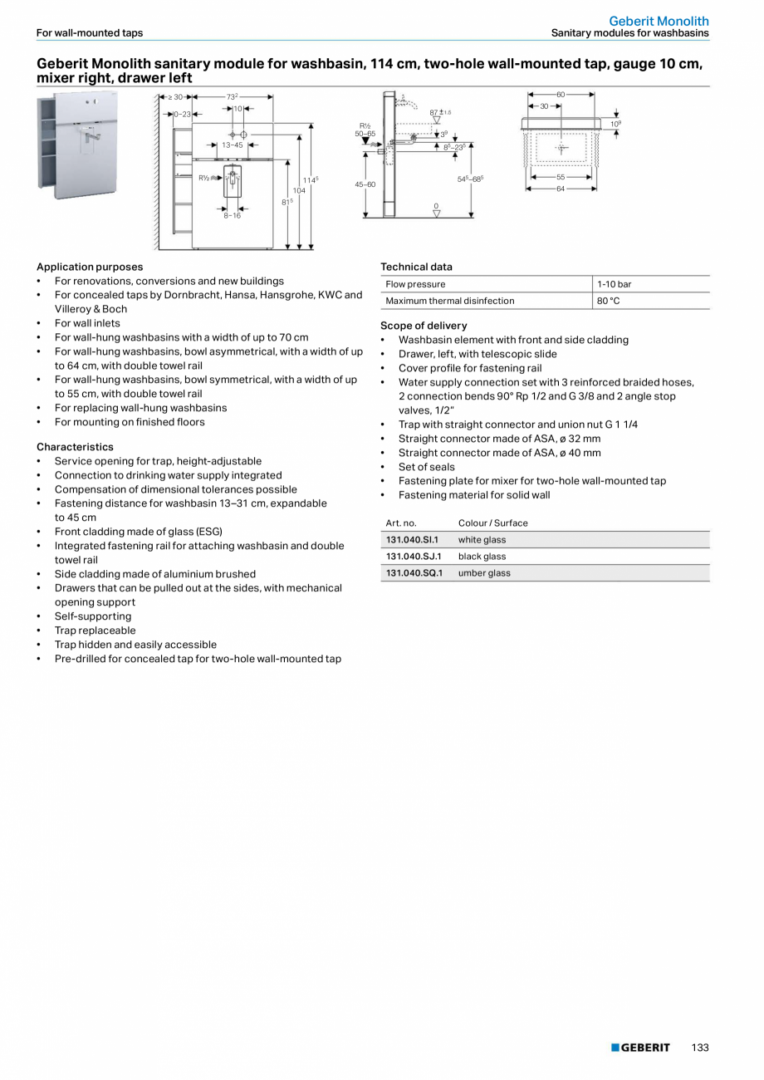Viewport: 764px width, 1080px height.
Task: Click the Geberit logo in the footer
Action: coord(640,1048)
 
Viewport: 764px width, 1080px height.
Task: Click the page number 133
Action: coord(699,1048)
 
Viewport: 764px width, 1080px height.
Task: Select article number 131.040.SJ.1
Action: coord(414,557)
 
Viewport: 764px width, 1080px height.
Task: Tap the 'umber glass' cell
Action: coord(484,573)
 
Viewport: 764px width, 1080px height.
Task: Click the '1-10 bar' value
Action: coord(614,284)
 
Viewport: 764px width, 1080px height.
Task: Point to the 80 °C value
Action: coord(608,301)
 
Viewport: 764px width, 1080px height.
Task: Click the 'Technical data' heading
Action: coord(416,267)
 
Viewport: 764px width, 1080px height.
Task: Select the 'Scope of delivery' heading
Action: coord(424,326)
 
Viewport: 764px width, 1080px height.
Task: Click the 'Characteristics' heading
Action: coord(74,447)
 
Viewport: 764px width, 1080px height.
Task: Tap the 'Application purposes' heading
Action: coord(90,267)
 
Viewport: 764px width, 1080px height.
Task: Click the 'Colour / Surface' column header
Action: coord(492,523)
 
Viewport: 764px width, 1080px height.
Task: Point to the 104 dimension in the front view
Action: coord(299,191)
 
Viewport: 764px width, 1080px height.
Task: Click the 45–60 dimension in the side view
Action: coord(365,184)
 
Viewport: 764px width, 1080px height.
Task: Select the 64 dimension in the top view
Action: coord(561,189)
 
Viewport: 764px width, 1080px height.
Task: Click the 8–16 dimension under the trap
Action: coord(232,215)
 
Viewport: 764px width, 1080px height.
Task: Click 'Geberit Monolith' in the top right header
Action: coord(659,21)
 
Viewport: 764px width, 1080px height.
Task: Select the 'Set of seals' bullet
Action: coord(426,467)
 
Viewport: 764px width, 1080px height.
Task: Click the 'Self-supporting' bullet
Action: coord(93,616)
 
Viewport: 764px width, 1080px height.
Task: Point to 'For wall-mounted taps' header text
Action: coord(90,33)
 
